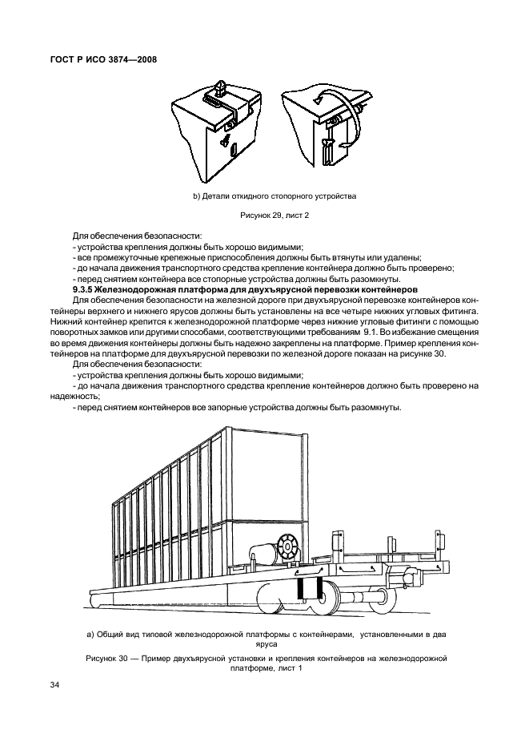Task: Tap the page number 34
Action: point(56,684)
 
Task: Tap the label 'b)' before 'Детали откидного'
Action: point(196,196)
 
